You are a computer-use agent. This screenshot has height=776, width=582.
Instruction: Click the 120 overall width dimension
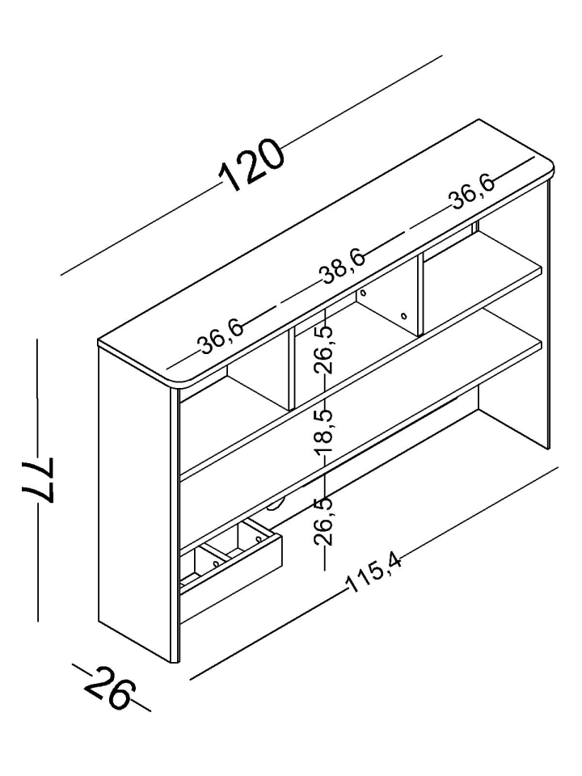251,165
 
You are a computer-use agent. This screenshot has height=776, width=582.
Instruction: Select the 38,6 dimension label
344,268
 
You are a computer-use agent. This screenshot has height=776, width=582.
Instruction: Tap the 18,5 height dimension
325,431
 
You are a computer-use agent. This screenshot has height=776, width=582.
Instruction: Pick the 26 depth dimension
109,687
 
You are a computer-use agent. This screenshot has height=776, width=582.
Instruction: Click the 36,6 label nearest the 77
221,338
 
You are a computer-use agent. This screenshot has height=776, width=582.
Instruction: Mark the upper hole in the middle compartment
364,293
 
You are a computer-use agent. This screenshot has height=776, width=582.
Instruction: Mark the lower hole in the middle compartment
404,315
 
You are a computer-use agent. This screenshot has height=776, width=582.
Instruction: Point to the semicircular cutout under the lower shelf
275,504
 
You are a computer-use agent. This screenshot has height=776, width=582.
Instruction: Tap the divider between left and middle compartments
292,369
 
